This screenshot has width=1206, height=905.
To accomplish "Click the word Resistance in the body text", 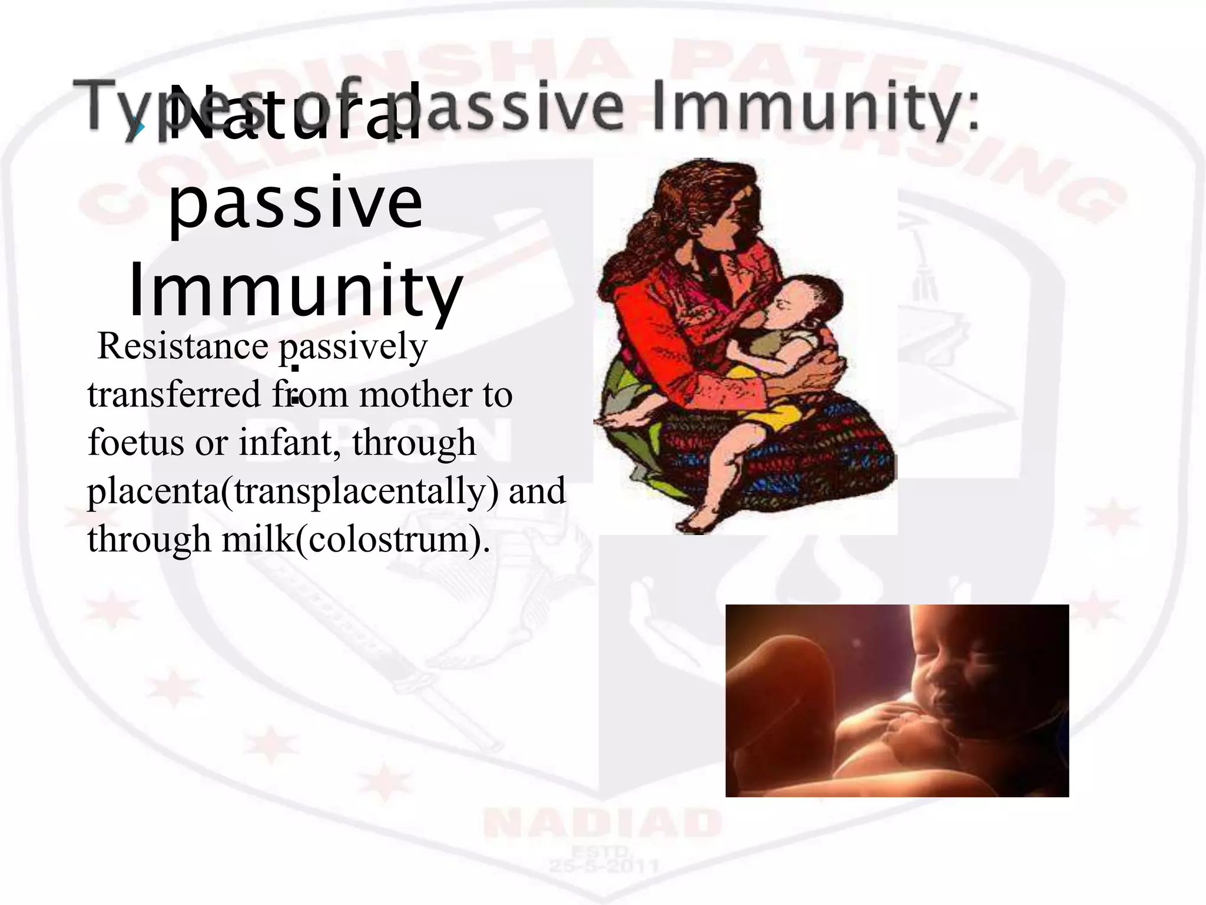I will pos(183,346).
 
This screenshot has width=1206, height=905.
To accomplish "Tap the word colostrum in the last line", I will pos(389,539).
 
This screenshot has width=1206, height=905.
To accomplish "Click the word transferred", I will pos(174,395).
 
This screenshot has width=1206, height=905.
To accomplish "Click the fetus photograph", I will pos(896,701).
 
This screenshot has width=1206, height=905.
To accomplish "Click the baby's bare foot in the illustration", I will pos(698,518).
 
